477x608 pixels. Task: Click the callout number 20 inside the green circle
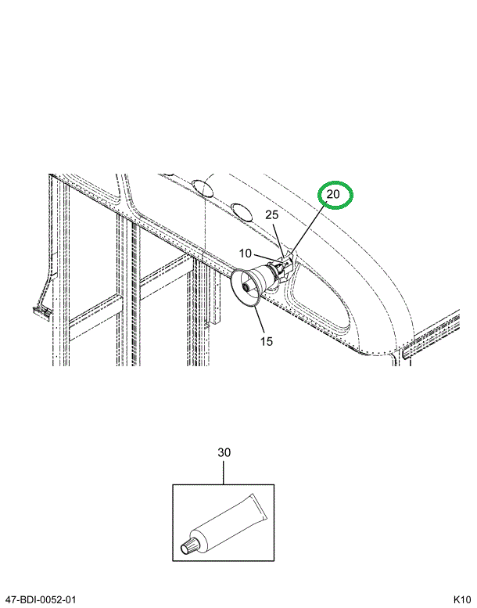333,194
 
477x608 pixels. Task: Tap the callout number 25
272,215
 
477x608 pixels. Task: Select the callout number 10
246,254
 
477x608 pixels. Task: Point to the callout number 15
267,341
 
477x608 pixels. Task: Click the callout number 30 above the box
224,452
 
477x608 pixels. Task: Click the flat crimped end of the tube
259,507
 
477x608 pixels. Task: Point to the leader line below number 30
223,472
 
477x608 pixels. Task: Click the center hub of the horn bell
246,287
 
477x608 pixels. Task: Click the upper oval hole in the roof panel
203,189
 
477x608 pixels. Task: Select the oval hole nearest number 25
242,213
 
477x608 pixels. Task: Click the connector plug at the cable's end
41,313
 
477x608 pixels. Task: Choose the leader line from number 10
266,257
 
